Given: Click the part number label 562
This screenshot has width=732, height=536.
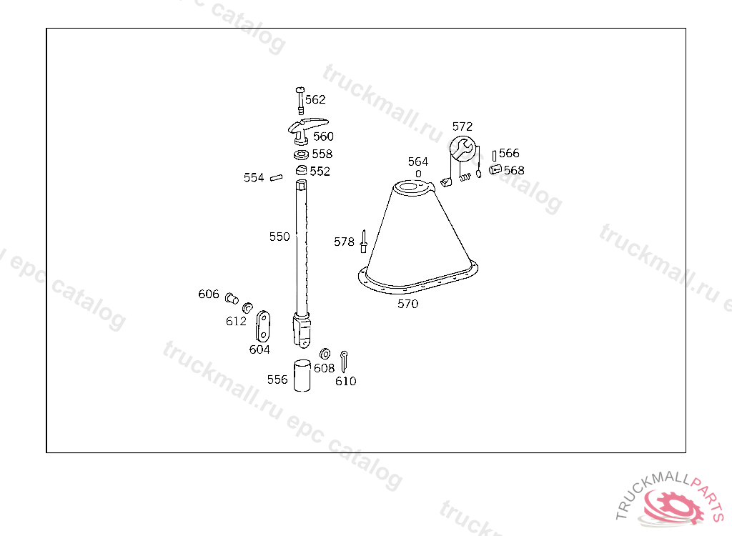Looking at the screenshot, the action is coord(315,99).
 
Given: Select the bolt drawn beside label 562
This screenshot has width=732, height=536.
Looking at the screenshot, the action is coord(300,100).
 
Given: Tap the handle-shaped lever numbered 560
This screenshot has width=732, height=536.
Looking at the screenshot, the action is coord(306,130).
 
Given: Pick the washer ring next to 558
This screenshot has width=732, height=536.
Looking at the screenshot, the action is coord(301,154).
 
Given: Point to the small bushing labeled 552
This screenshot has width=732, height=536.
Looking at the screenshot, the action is coord(301,169).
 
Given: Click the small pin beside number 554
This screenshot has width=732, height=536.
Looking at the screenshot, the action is coord(277,177).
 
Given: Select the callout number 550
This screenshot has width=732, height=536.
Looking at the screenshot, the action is coord(280,237).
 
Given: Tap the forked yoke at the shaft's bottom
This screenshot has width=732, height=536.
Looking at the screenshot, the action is coord(302,331).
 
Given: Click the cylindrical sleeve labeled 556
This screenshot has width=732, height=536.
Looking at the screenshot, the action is coord(302,375).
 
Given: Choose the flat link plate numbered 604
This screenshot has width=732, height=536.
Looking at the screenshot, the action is coord(263,327).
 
